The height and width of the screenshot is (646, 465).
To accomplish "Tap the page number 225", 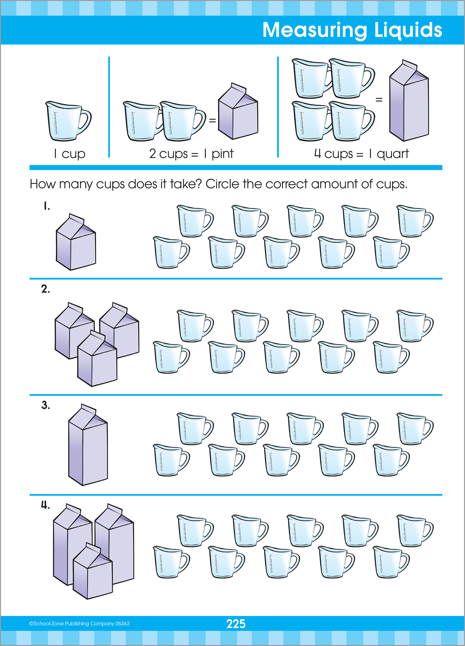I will tap(236, 624).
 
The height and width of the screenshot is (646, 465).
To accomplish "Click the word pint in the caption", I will tap(222, 154).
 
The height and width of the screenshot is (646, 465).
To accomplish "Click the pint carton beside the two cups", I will tap(238, 114).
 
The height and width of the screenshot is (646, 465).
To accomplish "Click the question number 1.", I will tap(47, 206).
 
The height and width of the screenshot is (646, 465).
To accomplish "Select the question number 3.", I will tap(46, 405).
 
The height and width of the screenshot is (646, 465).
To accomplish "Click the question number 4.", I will tap(45, 505).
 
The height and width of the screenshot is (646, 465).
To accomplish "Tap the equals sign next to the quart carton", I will tap(379, 100).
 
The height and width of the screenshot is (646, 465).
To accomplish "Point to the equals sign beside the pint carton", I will tap(213, 120).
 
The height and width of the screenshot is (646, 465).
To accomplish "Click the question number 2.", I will tap(45, 289).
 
